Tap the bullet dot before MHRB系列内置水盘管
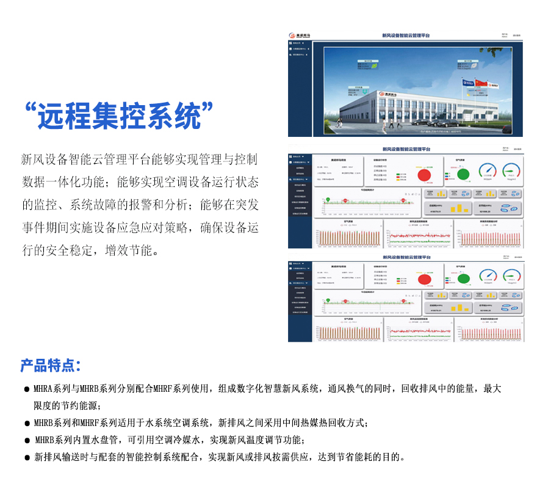click(27, 440)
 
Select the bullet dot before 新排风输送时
click(27, 457)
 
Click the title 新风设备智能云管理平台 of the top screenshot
click(405, 37)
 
